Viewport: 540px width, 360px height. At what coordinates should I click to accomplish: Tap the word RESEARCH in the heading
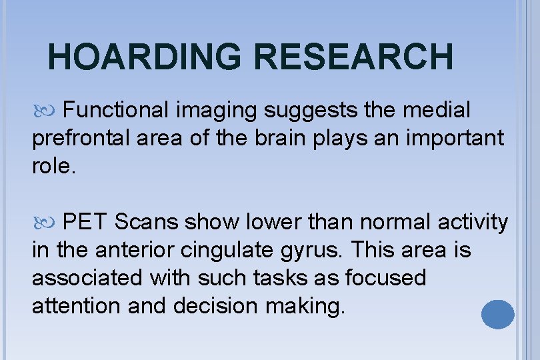point(353,56)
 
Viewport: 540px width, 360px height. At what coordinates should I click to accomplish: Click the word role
point(54,166)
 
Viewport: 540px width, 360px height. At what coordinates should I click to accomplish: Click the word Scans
point(147,221)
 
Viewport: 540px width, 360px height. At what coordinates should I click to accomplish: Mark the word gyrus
point(312,251)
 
